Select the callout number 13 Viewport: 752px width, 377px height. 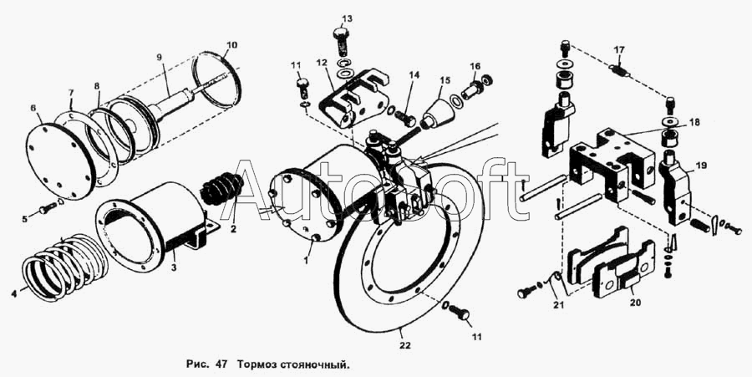tap(347, 18)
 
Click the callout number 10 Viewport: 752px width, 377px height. tap(232, 43)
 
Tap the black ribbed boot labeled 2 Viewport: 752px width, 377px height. tap(224, 189)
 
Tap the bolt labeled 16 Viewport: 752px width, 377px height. tap(475, 84)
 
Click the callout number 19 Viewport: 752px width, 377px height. tap(700, 166)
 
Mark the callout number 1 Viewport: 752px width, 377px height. tap(307, 259)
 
